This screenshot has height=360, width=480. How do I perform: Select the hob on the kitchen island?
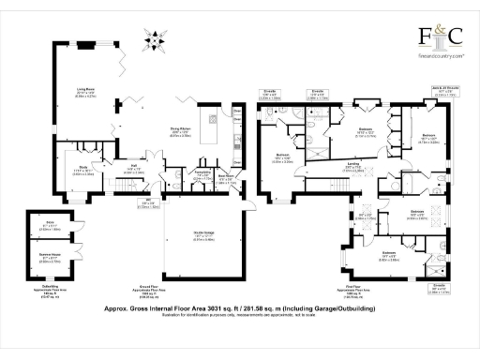(215, 120)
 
